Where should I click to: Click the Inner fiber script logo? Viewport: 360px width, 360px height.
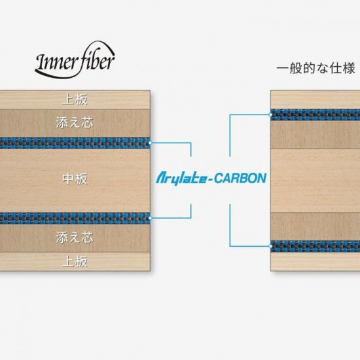pyautogui.click(x=75, y=61)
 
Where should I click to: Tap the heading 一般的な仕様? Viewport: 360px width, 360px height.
pyautogui.click(x=316, y=68)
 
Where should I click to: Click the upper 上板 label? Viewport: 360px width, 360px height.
pyautogui.click(x=75, y=99)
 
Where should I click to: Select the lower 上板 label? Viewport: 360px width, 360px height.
pyautogui.click(x=75, y=262)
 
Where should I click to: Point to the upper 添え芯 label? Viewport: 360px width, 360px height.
pyautogui.click(x=75, y=122)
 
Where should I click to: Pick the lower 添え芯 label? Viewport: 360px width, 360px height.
pyautogui.click(x=75, y=237)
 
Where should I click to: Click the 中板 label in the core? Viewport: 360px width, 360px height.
pyautogui.click(x=75, y=179)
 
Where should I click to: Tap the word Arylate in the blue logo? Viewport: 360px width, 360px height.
pyautogui.click(x=181, y=179)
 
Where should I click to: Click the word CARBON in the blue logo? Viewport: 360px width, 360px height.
pyautogui.click(x=240, y=179)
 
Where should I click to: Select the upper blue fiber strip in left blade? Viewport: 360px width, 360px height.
pyautogui.click(x=75, y=143)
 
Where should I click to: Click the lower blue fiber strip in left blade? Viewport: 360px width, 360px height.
pyautogui.click(x=75, y=218)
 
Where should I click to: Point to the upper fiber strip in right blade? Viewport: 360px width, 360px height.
pyautogui.click(x=315, y=115)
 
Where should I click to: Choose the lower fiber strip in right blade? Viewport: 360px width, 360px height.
pyautogui.click(x=315, y=246)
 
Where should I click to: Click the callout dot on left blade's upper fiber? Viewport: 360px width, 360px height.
pyautogui.click(x=150, y=143)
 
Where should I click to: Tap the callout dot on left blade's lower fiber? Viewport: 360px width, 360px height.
pyautogui.click(x=150, y=218)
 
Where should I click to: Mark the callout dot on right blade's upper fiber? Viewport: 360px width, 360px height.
pyautogui.click(x=271, y=115)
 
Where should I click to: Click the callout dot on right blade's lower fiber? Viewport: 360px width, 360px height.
pyautogui.click(x=271, y=246)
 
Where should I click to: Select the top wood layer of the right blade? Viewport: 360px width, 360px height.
pyautogui.click(x=315, y=99)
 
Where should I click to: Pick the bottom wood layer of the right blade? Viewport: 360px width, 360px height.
pyautogui.click(x=315, y=262)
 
